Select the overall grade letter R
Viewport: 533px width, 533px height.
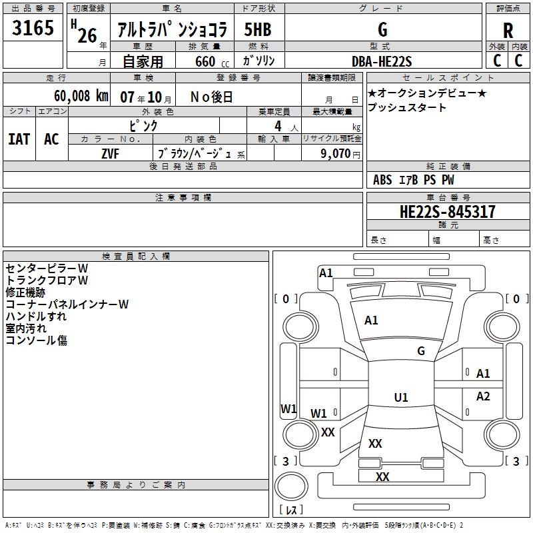point(508,30)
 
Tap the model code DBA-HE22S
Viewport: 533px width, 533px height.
point(382,61)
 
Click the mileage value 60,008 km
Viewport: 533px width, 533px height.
point(74,96)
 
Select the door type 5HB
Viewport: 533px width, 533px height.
point(258,30)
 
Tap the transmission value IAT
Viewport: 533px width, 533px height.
point(19,139)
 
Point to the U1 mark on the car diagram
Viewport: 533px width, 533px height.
point(400,398)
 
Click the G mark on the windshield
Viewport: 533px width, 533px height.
point(420,350)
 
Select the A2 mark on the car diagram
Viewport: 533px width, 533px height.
point(483,396)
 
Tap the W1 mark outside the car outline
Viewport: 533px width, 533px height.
point(288,408)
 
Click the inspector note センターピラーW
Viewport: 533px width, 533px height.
point(47,268)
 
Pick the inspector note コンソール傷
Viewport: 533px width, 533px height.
point(36,340)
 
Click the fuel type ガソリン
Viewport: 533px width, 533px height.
point(259,61)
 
